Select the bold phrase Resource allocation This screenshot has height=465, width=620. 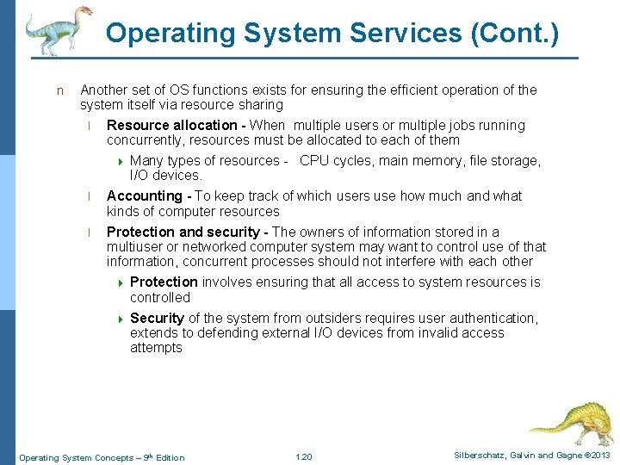tap(171, 126)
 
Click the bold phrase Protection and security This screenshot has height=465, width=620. tap(183, 232)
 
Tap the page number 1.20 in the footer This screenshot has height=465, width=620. tap(303, 456)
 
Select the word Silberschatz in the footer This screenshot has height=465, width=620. tap(476, 456)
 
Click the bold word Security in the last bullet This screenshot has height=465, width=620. tap(157, 319)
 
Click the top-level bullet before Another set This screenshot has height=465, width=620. tap(59, 90)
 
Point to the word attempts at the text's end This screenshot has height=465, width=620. tap(156, 348)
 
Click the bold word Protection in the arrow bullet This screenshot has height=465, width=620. tap(164, 282)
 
